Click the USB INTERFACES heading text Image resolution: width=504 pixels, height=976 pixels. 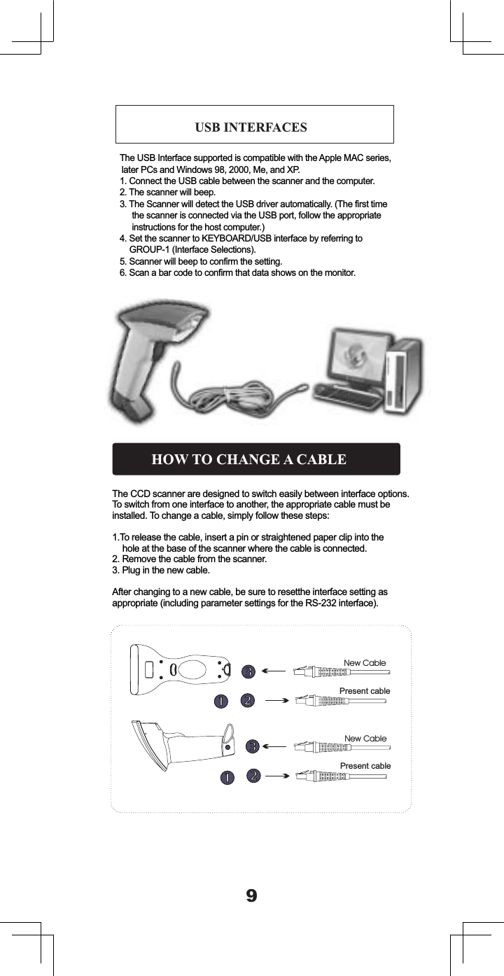(x=251, y=127)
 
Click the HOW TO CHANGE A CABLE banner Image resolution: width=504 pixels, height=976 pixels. (x=256, y=459)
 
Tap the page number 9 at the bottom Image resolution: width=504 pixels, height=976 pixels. (x=252, y=895)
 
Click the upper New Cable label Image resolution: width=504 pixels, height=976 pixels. (x=365, y=663)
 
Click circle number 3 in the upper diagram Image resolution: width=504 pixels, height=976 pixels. (x=248, y=671)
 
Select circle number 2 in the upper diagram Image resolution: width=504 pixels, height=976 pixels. (x=248, y=701)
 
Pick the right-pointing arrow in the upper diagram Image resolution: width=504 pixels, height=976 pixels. (x=277, y=701)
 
